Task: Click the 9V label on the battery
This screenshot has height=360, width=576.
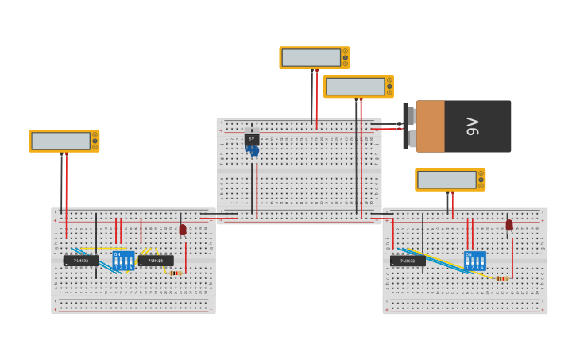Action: (x=474, y=126)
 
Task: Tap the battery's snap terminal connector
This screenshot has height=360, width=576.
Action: (x=409, y=126)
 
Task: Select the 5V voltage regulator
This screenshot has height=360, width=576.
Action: (x=252, y=138)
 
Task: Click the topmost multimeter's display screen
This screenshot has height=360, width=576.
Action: (x=311, y=57)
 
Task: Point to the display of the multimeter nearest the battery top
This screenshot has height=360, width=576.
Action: (x=355, y=86)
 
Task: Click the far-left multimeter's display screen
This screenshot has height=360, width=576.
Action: (x=60, y=141)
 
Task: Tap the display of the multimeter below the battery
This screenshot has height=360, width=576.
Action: (x=446, y=180)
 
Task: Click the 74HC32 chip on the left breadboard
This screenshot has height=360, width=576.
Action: (x=81, y=261)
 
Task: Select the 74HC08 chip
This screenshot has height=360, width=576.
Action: (x=156, y=261)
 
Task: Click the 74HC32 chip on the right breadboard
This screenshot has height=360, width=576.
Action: (x=408, y=261)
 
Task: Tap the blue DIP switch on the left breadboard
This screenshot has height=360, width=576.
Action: (x=123, y=261)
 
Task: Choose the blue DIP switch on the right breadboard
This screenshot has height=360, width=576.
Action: (x=474, y=261)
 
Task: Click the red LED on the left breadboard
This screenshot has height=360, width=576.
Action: (x=183, y=230)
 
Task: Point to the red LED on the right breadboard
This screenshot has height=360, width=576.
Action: (x=509, y=225)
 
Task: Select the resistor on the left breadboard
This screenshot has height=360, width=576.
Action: (x=176, y=273)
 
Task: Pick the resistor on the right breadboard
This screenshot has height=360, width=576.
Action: (x=501, y=278)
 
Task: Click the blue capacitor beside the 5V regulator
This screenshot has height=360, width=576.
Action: (x=252, y=150)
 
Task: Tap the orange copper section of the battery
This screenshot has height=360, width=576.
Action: (x=430, y=126)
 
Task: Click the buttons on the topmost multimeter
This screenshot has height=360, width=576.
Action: (x=345, y=57)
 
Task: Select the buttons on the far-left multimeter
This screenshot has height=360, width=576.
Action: (x=95, y=141)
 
